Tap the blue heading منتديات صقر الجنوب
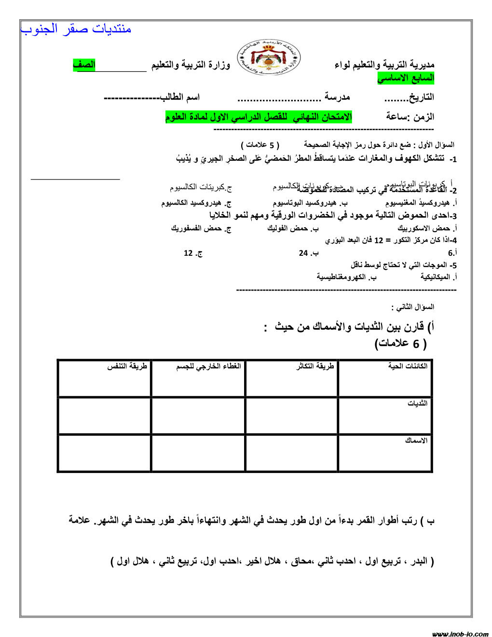pyautogui.click(x=76, y=29)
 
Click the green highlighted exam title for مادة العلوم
pyautogui.click(x=259, y=117)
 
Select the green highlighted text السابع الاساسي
pyautogui.click(x=406, y=78)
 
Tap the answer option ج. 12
pyautogui.click(x=193, y=253)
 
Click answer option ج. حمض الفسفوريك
pyautogui.click(x=201, y=228)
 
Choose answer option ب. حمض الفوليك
pyautogui.click(x=293, y=228)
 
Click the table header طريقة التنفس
pyautogui.click(x=127, y=366)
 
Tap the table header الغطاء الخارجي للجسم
pyautogui.click(x=208, y=366)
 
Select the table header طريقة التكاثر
pyautogui.click(x=315, y=366)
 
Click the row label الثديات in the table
pyautogui.click(x=417, y=403)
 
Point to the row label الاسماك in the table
pyautogui.click(x=416, y=441)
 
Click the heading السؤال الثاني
pyautogui.click(x=412, y=307)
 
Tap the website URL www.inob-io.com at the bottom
pyautogui.click(x=461, y=634)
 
